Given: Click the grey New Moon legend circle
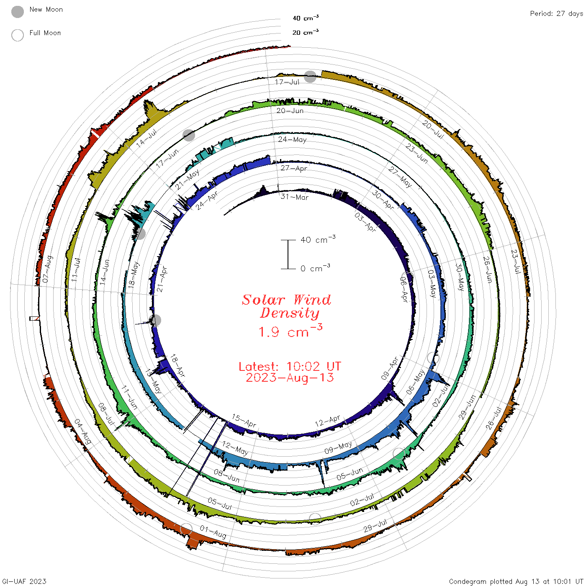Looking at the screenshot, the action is [17, 12].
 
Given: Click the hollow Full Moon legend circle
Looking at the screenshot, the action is [17, 35].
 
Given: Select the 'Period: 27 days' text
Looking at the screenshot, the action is [557, 14].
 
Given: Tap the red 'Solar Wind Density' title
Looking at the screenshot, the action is [286, 306].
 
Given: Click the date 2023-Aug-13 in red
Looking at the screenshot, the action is [290, 378].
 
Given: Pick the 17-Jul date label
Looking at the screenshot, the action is [287, 82].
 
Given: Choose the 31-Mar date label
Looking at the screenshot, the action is [294, 197].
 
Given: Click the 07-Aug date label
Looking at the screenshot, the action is [48, 269].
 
